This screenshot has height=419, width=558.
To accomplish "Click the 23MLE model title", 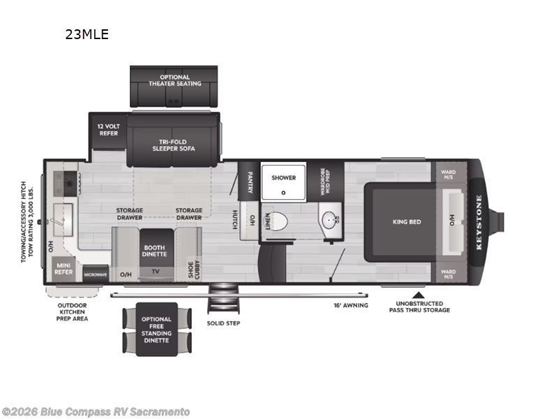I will (87, 34).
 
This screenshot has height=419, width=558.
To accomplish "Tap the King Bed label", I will (407, 221).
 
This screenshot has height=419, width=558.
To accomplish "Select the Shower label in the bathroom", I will (283, 177).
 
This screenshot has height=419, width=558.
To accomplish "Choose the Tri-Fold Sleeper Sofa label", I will (174, 145).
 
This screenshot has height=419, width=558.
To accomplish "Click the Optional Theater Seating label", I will (174, 80).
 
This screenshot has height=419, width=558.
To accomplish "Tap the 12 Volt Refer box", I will (108, 129).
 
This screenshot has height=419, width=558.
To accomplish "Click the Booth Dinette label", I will (154, 251).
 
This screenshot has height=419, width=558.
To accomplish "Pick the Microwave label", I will (96, 274).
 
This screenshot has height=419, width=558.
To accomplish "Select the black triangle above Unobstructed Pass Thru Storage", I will (419, 295).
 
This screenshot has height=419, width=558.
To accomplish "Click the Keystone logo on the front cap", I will (479, 221).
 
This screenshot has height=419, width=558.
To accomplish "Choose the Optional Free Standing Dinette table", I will (156, 329).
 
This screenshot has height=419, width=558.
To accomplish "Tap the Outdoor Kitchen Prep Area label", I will (73, 311).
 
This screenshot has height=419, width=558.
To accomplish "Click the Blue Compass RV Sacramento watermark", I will (96, 412).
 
